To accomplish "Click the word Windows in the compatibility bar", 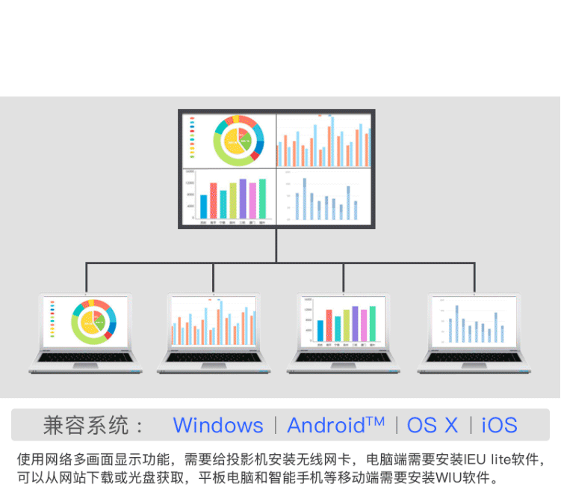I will tap(218, 426).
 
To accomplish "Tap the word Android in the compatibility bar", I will tap(326, 426).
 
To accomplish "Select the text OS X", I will tap(433, 426).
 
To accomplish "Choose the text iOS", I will tap(500, 426).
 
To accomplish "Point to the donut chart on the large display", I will tap(238, 140).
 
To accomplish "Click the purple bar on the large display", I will tap(243, 199).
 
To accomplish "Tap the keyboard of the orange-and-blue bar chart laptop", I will tap(213, 357).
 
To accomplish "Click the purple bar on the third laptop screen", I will tap(355, 323).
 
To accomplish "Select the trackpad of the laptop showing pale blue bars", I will tap(473, 368).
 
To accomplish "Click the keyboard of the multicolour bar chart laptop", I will tap(343, 357).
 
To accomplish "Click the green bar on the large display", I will tap(262, 198).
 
